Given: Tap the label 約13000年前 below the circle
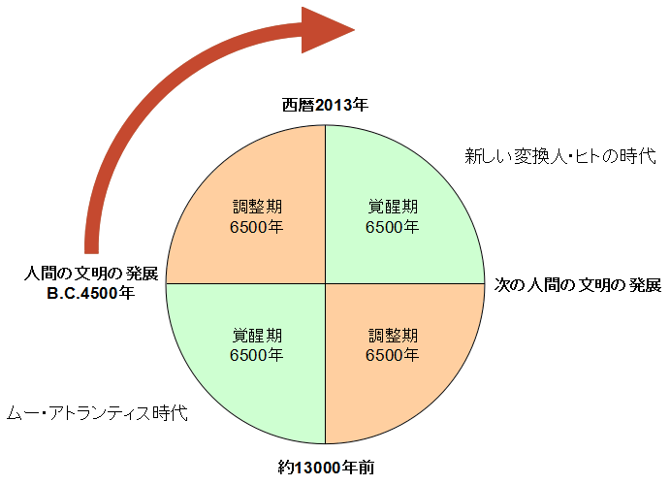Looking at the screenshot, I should [x=325, y=468].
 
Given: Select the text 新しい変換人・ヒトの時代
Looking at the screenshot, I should [x=560, y=155].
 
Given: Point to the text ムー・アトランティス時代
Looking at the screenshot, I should [x=96, y=413].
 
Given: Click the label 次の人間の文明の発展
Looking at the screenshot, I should [x=577, y=285].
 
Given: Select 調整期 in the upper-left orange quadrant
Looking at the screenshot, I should [x=257, y=207].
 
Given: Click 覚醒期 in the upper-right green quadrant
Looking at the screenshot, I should [x=393, y=207].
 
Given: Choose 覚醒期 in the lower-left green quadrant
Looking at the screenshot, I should [x=257, y=336].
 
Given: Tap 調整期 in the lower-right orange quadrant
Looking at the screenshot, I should [x=393, y=336].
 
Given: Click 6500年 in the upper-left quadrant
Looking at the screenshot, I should [x=257, y=227].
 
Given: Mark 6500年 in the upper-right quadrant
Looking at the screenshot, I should [x=393, y=227].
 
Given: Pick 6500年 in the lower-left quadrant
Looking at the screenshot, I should [x=257, y=355].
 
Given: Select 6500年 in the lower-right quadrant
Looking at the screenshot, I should [x=393, y=355].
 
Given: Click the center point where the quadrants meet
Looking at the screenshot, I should [x=325, y=283].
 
